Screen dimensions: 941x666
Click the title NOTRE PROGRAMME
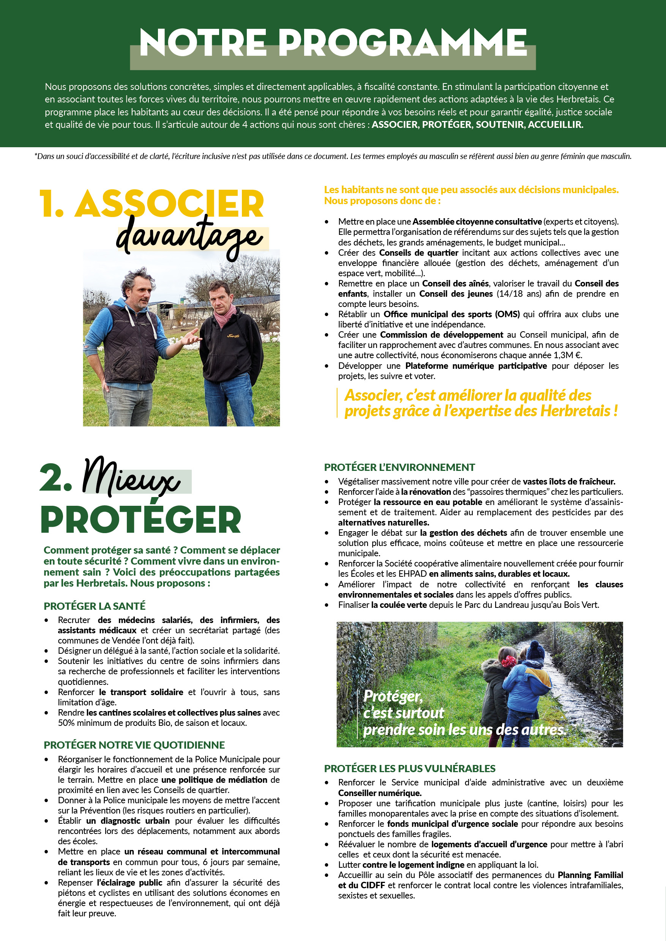[x=333, y=43]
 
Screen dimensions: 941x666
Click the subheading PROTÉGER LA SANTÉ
[x=94, y=606]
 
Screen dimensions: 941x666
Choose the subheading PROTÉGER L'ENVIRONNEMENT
[x=399, y=467]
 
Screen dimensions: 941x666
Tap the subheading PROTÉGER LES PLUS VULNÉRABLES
[x=409, y=768]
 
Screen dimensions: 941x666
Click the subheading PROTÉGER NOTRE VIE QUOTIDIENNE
[x=134, y=745]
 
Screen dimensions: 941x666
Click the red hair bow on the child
[x=508, y=661]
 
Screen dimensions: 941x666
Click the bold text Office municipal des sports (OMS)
[x=451, y=314]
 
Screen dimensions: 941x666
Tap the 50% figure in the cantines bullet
[x=66, y=723]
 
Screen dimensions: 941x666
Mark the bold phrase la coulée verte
[x=399, y=605]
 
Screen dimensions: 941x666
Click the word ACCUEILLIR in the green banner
[x=555, y=124]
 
